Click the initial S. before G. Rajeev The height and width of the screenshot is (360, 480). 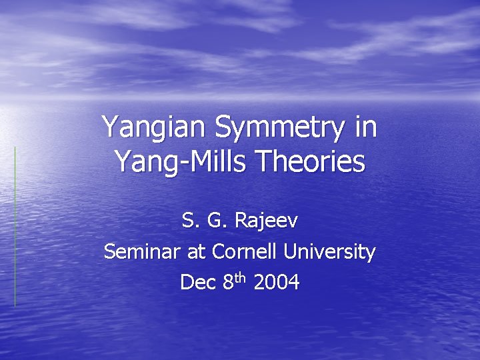(x=189, y=221)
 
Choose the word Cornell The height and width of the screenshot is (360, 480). (x=244, y=252)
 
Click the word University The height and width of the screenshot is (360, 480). (x=329, y=253)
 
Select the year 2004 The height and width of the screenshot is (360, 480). (x=277, y=283)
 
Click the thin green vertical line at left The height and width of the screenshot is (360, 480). (x=15, y=227)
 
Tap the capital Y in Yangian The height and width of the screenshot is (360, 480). (x=110, y=127)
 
